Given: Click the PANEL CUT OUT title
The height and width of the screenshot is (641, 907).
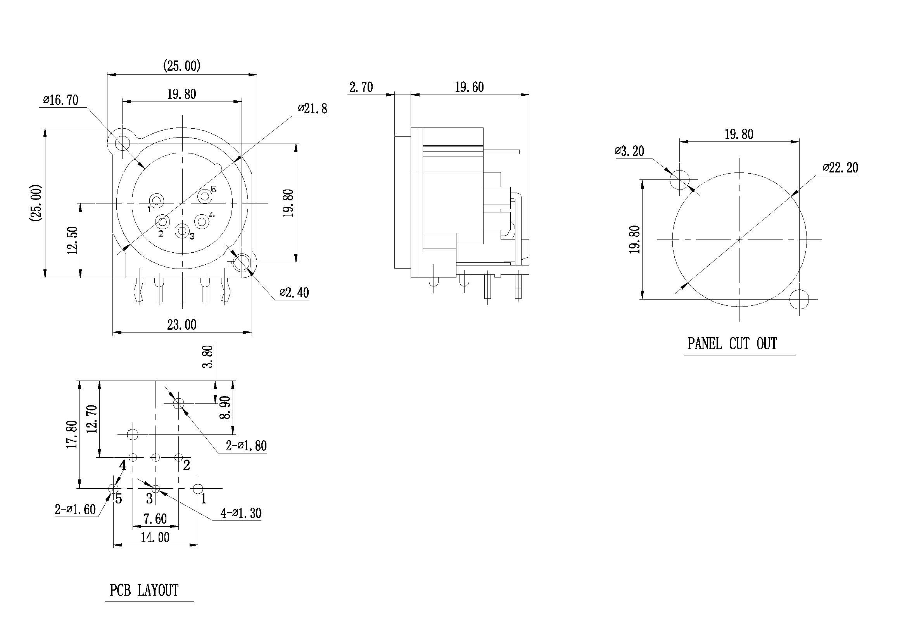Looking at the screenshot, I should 732,344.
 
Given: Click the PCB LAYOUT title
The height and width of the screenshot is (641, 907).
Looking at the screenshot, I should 144,591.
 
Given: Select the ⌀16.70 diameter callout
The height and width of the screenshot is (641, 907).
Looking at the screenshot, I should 61,100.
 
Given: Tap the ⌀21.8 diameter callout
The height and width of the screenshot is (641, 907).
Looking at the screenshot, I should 313,109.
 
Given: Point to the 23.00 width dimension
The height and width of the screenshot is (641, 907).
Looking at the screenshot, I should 182,325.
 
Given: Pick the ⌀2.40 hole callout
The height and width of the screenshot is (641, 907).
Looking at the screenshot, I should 294,293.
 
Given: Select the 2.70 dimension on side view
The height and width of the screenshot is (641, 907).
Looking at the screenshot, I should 361,87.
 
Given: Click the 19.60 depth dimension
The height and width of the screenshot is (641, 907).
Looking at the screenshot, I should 469,87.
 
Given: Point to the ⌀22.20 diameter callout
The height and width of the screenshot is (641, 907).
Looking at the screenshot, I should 840,168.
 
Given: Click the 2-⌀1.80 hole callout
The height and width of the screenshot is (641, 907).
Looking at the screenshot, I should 246,446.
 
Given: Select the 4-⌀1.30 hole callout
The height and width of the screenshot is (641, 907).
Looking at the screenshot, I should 241,513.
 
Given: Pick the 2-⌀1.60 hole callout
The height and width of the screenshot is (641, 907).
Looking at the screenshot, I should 75,510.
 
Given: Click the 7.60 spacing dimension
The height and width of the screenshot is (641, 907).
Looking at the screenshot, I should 155,519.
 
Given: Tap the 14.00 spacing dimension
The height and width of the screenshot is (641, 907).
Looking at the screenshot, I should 155,537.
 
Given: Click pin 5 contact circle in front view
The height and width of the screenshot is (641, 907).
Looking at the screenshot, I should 205,196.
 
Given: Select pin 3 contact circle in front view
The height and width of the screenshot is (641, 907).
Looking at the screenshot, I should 182,231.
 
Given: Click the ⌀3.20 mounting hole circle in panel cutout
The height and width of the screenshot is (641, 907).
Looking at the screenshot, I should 679,179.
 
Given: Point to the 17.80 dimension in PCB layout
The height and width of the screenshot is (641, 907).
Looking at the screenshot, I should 72,434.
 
